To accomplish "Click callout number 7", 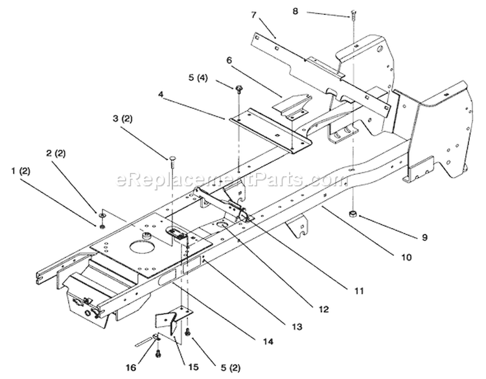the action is click(254, 14).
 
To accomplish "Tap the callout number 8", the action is click(295, 11).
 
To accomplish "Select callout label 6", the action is click(229, 60).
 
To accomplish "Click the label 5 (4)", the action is click(198, 78).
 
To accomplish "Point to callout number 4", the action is click(160, 93).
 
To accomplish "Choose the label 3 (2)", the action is click(122, 119).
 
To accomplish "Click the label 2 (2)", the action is click(56, 154).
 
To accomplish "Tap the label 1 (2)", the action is click(21, 171).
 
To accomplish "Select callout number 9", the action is click(424, 237).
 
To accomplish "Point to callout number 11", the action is click(358, 291).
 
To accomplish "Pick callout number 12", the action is click(323, 309).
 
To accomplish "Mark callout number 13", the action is click(297, 327).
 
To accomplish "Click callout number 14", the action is click(268, 341).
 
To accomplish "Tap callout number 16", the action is click(131, 367).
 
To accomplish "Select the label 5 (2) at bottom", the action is click(230, 368).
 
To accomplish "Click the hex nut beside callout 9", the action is click(353, 214).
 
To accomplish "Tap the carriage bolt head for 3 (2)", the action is click(172, 159).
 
